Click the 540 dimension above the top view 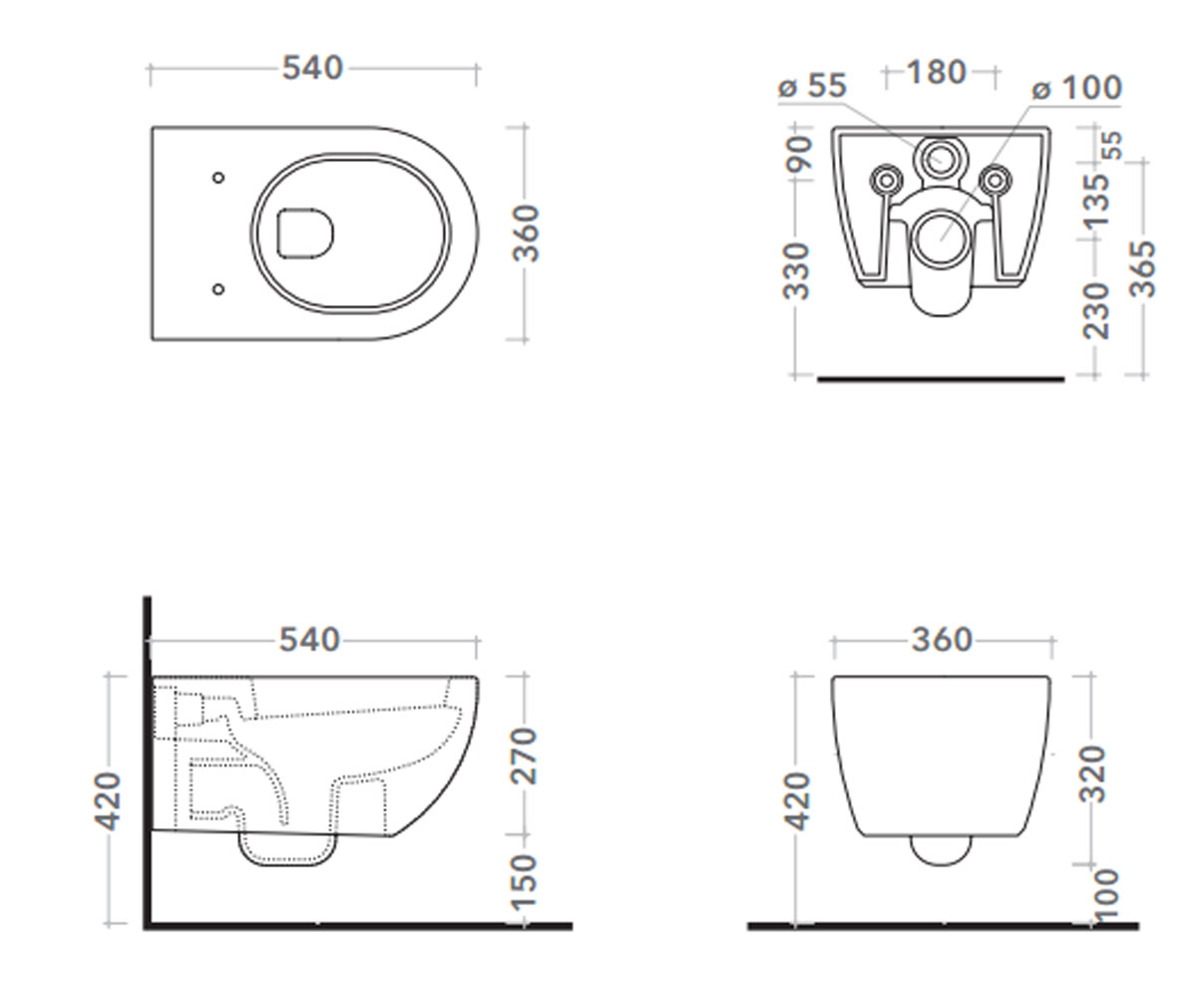[x=312, y=68]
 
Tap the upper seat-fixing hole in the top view [x=217, y=178]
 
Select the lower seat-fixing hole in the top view [x=217, y=289]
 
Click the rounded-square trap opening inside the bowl [x=305, y=233]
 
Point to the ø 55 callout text [x=812, y=86]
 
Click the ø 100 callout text [x=1076, y=89]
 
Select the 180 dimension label [x=937, y=73]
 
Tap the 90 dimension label [x=798, y=153]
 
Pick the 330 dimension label [x=797, y=271]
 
